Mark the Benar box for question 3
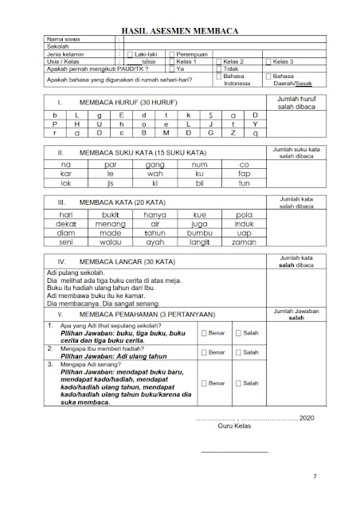(205, 383)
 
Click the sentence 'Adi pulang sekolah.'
(75, 273)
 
